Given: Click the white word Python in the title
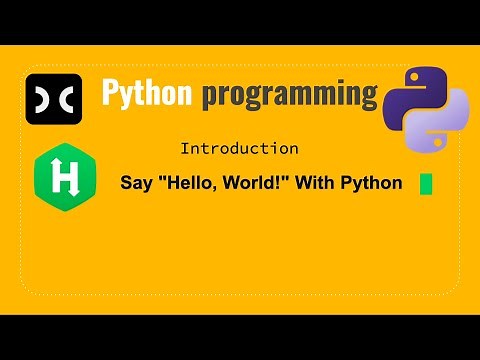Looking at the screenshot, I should coord(148,94).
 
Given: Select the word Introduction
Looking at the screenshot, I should coord(239,149).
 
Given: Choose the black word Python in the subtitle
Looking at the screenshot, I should coord(373,184).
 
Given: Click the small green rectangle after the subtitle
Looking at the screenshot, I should coord(426,184).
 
